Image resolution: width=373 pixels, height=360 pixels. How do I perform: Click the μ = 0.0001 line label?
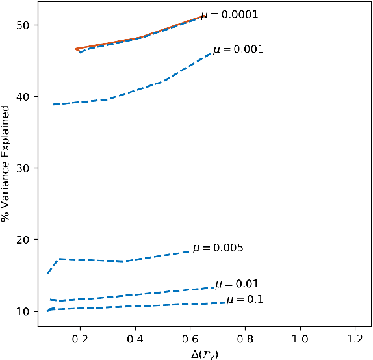click(x=229, y=14)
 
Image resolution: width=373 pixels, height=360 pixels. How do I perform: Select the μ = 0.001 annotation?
click(x=237, y=49)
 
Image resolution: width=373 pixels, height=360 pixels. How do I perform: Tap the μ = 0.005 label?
click(x=218, y=248)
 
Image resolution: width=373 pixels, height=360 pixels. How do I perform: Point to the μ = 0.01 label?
click(x=237, y=284)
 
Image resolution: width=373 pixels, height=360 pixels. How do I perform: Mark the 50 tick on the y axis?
click(x=32, y=25)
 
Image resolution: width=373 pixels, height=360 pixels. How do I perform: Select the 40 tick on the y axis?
click(x=32, y=97)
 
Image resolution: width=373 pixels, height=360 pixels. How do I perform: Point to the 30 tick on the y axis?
click(x=32, y=168)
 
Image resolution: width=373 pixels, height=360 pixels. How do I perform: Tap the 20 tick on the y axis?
click(x=32, y=240)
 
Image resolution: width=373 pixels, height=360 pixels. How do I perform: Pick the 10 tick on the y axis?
click(x=32, y=311)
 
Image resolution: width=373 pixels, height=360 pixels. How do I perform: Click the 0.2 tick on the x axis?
click(x=80, y=339)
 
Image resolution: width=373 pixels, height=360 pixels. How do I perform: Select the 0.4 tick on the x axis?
click(x=135, y=339)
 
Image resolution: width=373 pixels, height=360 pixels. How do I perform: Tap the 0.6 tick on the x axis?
click(x=190, y=339)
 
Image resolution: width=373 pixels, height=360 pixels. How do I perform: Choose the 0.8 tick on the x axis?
click(x=245, y=339)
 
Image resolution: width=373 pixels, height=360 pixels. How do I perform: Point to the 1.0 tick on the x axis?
click(x=300, y=339)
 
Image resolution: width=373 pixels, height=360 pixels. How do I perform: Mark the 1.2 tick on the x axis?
click(x=355, y=339)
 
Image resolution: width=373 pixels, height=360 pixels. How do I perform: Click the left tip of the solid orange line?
click(x=75, y=49)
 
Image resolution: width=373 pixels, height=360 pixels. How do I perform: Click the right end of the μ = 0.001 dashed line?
click(x=212, y=52)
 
